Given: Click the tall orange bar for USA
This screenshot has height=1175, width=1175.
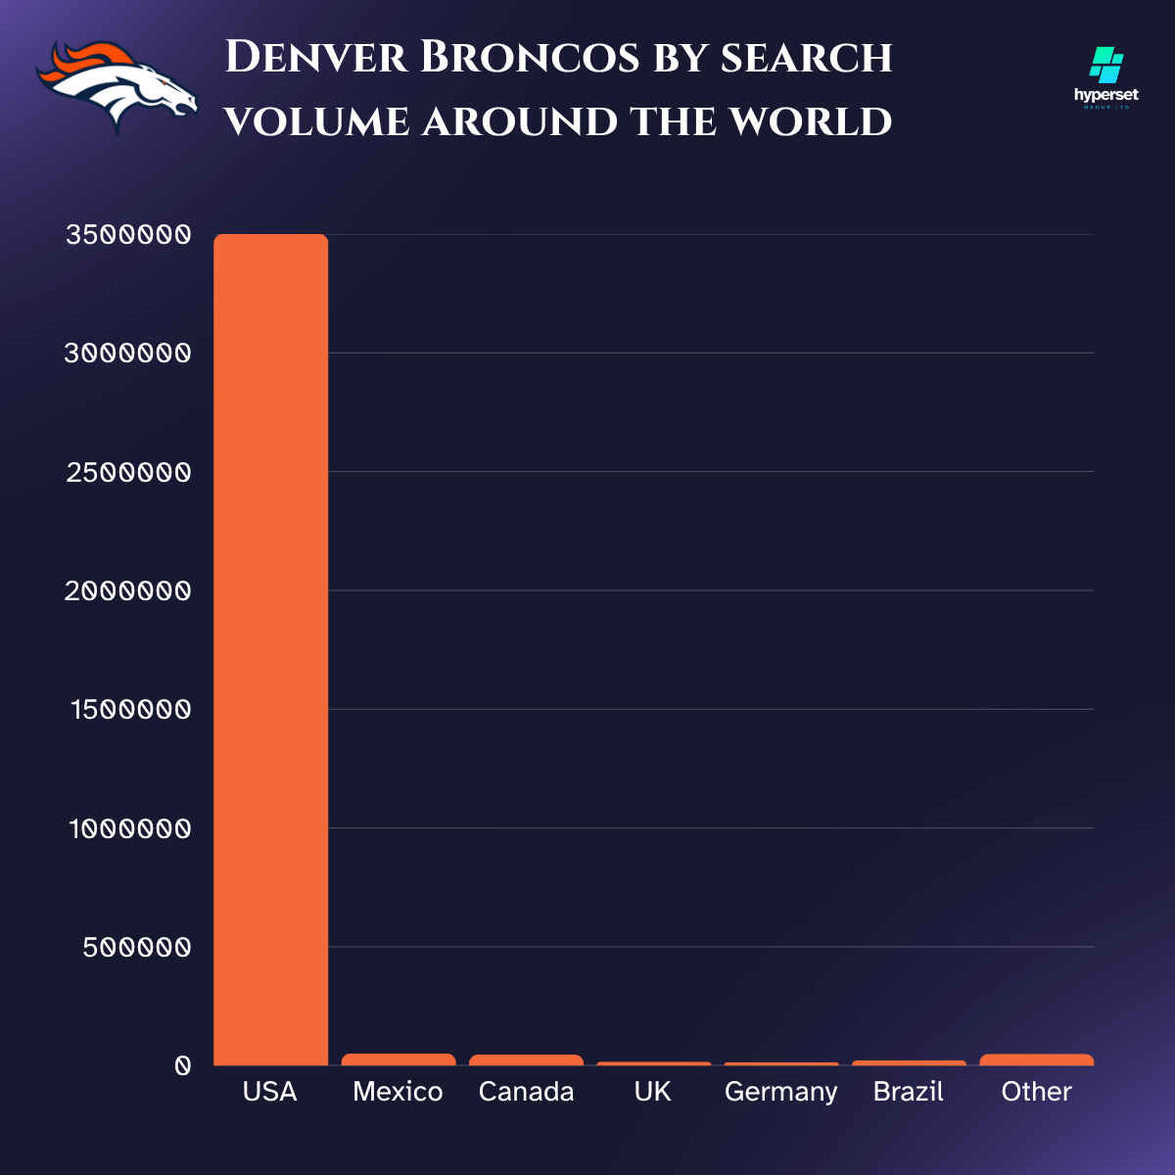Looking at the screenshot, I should click(x=271, y=646).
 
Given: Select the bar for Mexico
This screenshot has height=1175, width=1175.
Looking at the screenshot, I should click(x=399, y=1059).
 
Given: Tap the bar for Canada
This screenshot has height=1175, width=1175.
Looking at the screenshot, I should click(x=526, y=1059).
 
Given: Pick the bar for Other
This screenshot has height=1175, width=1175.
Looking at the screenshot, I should click(x=1036, y=1059).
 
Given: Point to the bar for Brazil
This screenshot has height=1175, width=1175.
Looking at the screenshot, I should click(x=909, y=1062).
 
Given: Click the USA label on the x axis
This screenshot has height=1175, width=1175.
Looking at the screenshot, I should click(x=270, y=1092).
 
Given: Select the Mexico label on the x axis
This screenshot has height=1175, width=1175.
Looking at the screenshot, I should click(x=398, y=1092).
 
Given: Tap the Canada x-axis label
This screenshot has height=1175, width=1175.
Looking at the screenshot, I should click(x=526, y=1092).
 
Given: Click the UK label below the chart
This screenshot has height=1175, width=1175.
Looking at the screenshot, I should click(x=653, y=1092).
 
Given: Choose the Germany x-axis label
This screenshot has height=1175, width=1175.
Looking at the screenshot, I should click(x=780, y=1092).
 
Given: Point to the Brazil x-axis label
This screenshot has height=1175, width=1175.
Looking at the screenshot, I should click(x=909, y=1092).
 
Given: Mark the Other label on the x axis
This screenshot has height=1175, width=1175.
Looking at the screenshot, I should click(x=1036, y=1092).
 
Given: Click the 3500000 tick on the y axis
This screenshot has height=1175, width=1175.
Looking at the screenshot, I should click(x=128, y=235).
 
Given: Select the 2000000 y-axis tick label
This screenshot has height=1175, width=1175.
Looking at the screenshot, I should click(x=128, y=591).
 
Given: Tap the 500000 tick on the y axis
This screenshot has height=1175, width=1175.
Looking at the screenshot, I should click(x=137, y=948).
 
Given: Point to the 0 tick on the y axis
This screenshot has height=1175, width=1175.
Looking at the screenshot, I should click(x=182, y=1066).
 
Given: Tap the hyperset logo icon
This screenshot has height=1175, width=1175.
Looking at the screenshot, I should click(x=1106, y=67).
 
